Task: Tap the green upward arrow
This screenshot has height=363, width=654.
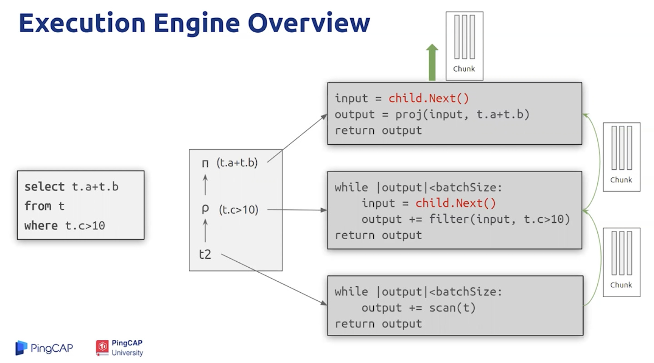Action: pos(432,62)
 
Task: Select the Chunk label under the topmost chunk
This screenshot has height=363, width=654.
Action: pos(464,69)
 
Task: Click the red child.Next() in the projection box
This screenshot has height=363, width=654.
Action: pos(429,98)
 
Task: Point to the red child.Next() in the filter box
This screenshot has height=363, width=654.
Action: pos(456,203)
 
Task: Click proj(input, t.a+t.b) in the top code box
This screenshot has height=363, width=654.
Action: pos(462,114)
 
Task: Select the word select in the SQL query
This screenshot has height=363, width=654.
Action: pos(45,187)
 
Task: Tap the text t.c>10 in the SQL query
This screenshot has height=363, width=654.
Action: pos(85,226)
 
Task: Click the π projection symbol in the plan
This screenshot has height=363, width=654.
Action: pos(205,163)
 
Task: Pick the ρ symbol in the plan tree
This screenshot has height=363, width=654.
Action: pos(205,209)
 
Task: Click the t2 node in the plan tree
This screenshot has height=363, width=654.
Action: pos(205,254)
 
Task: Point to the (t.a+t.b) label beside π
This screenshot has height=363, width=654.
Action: pos(237,162)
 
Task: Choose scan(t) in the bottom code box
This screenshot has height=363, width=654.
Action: pos(452,308)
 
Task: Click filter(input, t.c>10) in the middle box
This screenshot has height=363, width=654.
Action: pos(500,219)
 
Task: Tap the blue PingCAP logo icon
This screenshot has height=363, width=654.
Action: pos(21,348)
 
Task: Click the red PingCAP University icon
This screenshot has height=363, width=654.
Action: pos(102,348)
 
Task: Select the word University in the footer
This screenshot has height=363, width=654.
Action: pos(127,353)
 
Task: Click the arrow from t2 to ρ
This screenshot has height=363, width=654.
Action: pos(205,231)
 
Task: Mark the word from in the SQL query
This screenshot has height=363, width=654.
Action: pos(38,206)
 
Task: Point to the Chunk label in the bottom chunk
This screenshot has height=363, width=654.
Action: pos(621,285)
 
